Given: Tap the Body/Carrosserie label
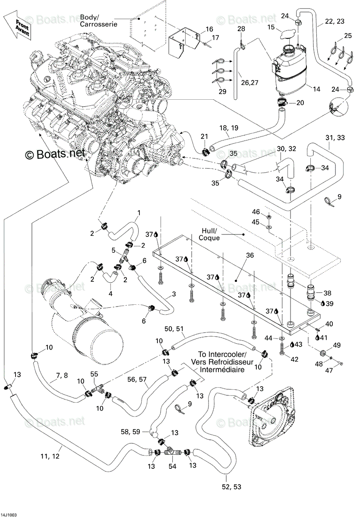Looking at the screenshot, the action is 98,21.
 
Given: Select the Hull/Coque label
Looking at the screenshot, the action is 209,234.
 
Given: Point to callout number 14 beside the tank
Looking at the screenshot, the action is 316,89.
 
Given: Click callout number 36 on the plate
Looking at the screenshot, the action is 250,255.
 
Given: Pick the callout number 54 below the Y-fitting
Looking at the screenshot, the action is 172,467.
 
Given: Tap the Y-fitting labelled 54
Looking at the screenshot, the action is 172,451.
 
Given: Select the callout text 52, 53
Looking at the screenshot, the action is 231,487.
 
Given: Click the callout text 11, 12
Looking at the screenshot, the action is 50,456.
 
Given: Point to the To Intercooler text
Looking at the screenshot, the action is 222,354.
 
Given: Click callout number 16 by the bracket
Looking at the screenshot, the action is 209,29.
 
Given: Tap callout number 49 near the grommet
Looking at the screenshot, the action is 337,345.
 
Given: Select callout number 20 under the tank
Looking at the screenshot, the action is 300,102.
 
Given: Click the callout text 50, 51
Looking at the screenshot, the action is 174,328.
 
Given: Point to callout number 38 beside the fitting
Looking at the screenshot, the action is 327,293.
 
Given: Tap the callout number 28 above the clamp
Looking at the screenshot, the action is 241,28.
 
